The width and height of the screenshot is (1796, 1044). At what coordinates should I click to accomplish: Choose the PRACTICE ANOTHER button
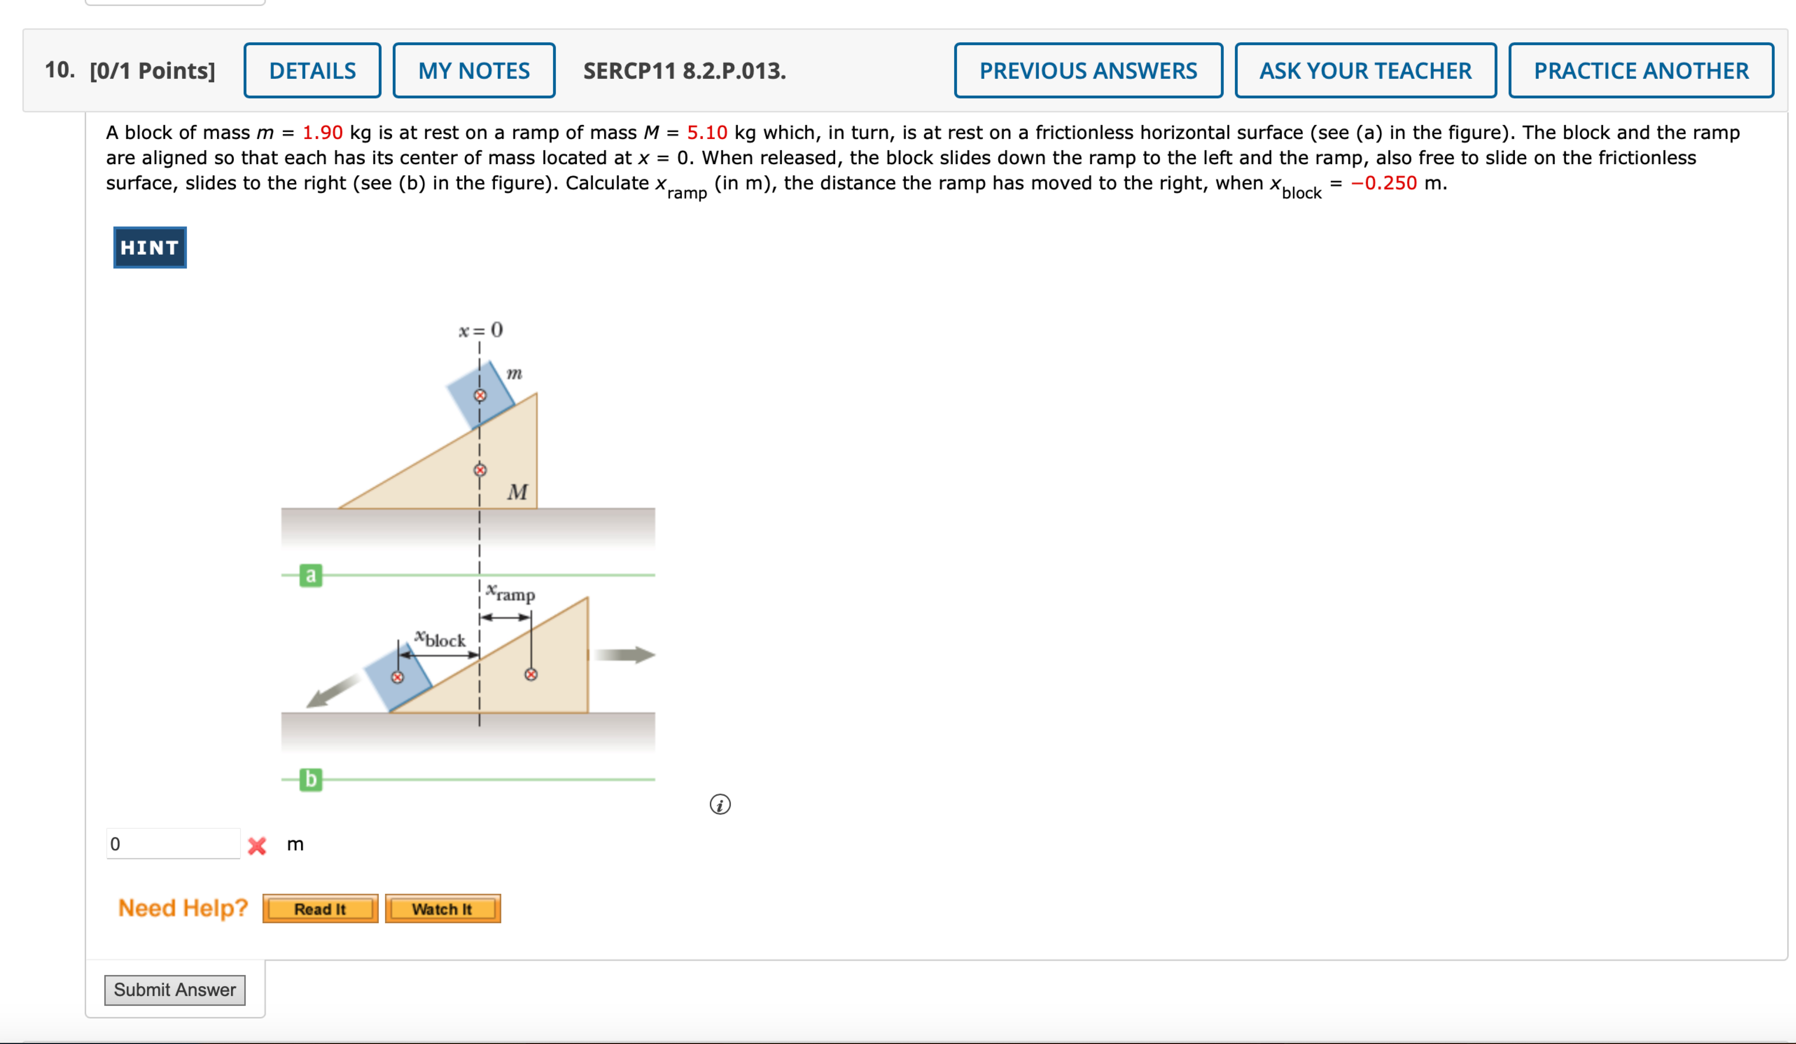click(1641, 71)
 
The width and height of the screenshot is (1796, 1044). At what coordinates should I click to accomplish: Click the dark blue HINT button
click(150, 247)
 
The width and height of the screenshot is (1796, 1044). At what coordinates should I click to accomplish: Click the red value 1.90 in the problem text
click(322, 133)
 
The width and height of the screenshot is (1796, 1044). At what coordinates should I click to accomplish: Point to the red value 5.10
click(706, 133)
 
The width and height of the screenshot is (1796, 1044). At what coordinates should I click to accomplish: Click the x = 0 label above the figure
click(480, 330)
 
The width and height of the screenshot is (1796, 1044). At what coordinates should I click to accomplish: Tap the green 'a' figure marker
click(311, 575)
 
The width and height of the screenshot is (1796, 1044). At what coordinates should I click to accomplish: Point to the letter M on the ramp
click(517, 492)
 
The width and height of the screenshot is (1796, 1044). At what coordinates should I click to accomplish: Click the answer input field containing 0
click(173, 844)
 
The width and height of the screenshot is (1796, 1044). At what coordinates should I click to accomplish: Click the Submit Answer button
click(175, 990)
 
